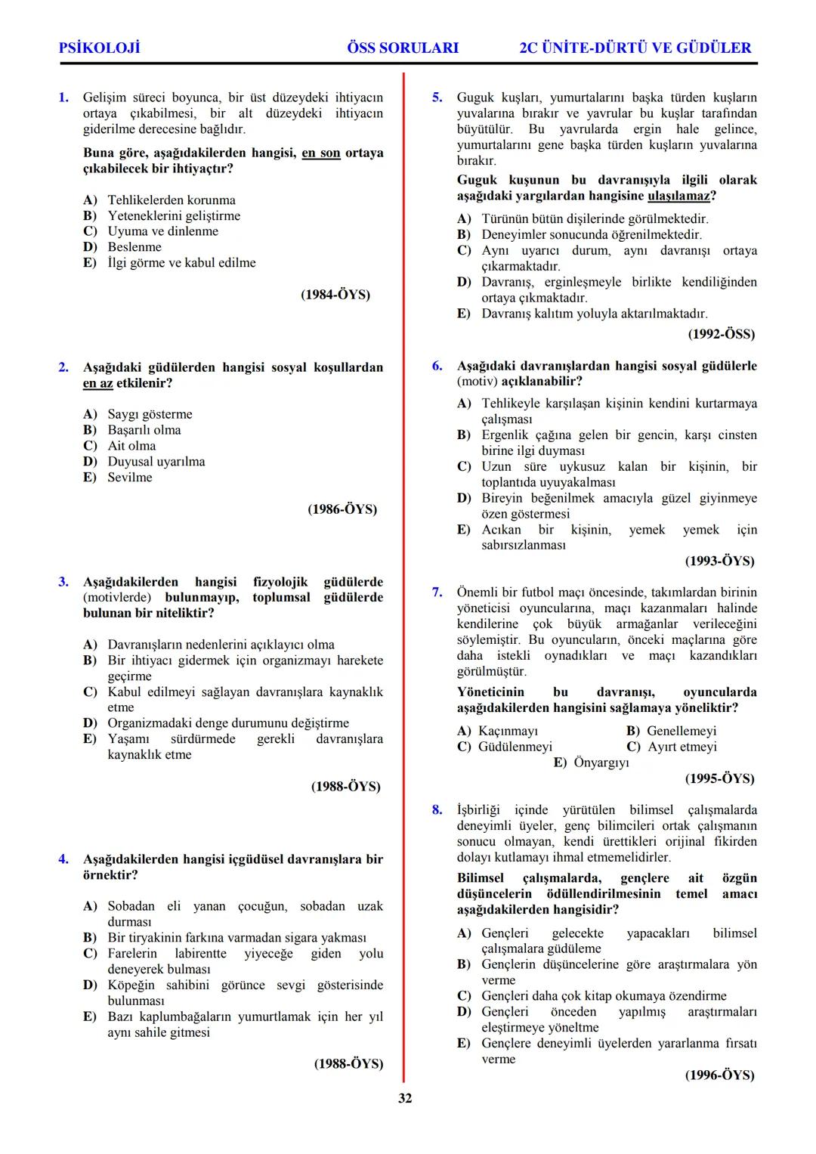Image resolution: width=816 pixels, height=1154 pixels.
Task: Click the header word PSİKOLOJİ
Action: pyautogui.click(x=99, y=48)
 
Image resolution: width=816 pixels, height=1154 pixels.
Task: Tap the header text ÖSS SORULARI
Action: pyautogui.click(x=402, y=48)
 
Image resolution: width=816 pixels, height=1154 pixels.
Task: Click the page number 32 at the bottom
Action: pyautogui.click(x=405, y=1098)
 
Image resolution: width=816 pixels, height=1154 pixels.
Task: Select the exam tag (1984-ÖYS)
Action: pyautogui.click(x=335, y=295)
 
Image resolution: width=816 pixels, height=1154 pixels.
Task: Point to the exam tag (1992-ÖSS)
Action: pyautogui.click(x=721, y=334)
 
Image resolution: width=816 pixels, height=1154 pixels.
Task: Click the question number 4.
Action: pyautogui.click(x=64, y=859)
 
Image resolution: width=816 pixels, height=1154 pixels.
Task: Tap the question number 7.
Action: pyautogui.click(x=437, y=592)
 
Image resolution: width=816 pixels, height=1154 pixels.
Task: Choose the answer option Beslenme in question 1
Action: pyautogui.click(x=134, y=247)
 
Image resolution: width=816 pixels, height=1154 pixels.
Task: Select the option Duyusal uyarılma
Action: pyautogui.click(x=156, y=462)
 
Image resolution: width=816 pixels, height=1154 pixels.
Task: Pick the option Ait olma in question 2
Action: pyautogui.click(x=131, y=446)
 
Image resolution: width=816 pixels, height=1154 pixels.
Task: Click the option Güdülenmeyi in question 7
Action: pyautogui.click(x=515, y=747)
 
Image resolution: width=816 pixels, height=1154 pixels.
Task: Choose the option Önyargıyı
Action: pyautogui.click(x=601, y=763)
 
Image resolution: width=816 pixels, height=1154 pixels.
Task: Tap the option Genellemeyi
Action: pyautogui.click(x=682, y=731)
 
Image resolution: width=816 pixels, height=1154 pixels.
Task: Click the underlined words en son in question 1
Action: pyautogui.click(x=321, y=153)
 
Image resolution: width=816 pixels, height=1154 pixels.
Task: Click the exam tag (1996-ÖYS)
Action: pyautogui.click(x=719, y=1075)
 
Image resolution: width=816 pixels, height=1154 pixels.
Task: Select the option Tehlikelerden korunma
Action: pyautogui.click(x=172, y=200)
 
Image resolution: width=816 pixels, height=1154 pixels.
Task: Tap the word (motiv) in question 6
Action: pyautogui.click(x=478, y=382)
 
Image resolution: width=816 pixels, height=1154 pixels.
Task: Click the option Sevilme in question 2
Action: pyautogui.click(x=130, y=478)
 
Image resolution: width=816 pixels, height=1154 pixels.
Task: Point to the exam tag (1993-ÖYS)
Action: pyautogui.click(x=719, y=562)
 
